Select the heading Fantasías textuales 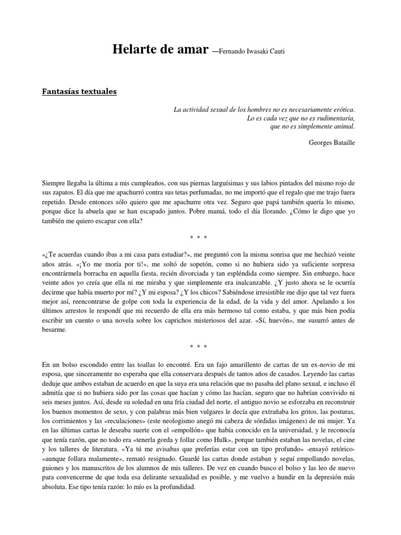(x=79, y=92)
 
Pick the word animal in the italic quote (x=343, y=126)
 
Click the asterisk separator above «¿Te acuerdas (x=199, y=238)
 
